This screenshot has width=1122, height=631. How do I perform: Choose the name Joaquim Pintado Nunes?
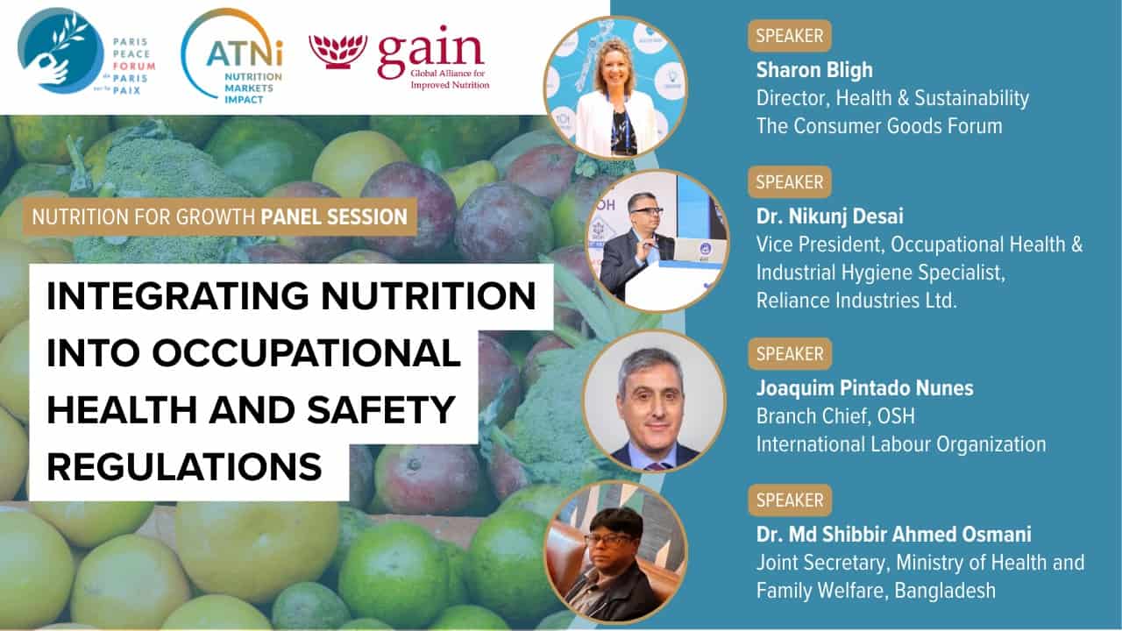864,388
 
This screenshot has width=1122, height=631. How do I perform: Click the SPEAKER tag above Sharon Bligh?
789,37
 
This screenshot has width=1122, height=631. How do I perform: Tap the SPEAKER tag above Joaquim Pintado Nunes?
789,354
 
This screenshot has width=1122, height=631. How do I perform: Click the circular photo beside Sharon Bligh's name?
615,87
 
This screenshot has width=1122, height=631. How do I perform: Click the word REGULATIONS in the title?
184,466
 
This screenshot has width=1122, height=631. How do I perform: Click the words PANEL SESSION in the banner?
334,216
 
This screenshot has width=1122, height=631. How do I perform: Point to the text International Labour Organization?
901,444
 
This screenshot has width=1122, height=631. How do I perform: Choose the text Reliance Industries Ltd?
856,301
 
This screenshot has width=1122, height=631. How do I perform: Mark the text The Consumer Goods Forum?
879,126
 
